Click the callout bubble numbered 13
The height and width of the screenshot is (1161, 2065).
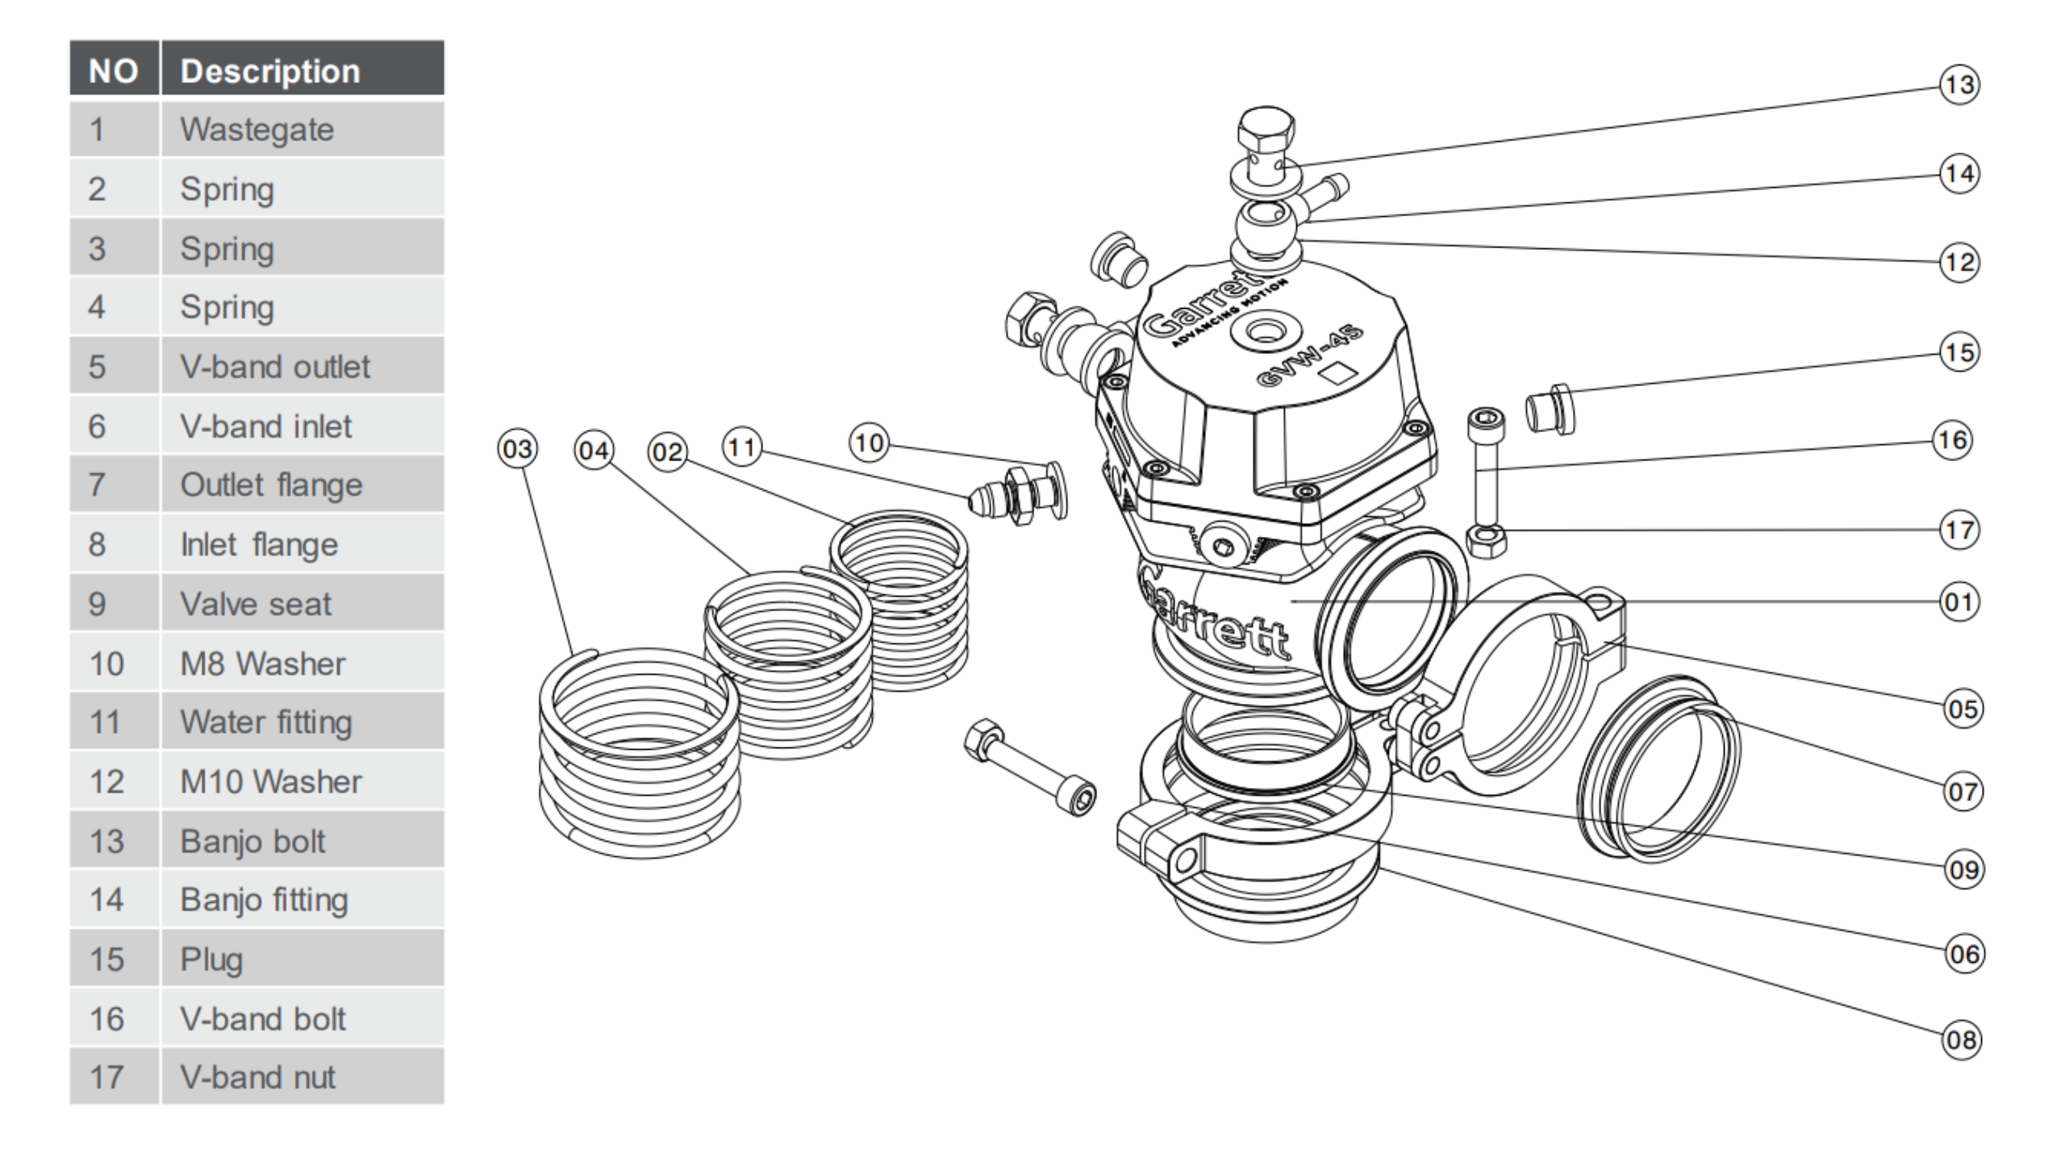(1959, 85)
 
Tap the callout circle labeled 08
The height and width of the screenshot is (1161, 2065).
(1961, 1039)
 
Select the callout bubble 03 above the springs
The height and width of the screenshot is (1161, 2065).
(517, 448)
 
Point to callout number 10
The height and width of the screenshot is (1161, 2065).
(869, 443)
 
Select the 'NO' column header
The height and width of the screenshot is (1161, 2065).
(114, 71)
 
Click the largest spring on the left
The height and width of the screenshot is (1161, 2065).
(639, 754)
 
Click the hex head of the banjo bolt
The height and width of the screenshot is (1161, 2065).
(1266, 129)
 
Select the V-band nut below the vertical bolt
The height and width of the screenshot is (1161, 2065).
(1486, 541)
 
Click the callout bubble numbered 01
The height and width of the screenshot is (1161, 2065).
(1959, 602)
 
